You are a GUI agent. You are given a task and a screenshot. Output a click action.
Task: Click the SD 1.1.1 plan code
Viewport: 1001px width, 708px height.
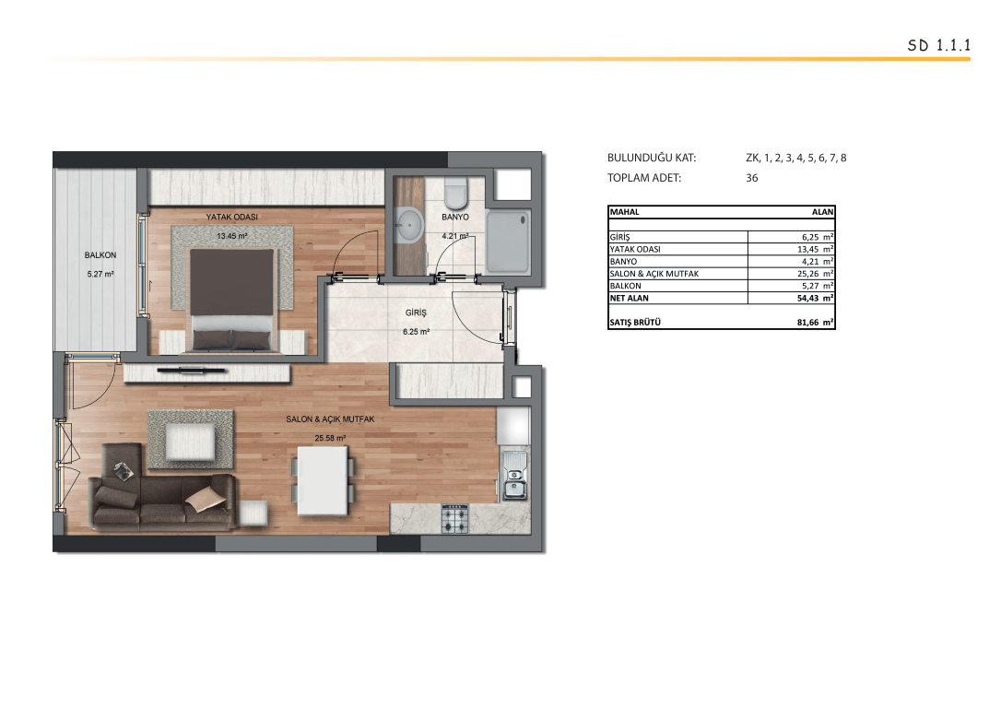point(938,45)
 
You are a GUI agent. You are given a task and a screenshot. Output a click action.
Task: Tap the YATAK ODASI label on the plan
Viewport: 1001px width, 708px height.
point(231,217)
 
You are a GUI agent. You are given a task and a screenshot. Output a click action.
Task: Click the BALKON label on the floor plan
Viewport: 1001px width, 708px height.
point(100,254)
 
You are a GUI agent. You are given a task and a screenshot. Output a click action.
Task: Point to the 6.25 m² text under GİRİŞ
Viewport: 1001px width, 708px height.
point(417,332)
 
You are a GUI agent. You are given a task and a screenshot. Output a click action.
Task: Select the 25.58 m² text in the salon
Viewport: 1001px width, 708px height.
point(330,438)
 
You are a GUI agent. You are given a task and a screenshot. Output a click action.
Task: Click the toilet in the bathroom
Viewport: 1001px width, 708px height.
point(456,192)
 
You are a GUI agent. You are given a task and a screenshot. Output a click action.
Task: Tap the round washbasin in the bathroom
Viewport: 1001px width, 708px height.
point(408,225)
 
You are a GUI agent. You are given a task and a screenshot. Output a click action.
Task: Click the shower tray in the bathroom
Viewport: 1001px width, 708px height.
point(508,242)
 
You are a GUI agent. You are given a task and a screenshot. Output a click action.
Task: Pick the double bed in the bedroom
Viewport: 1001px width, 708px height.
point(232,300)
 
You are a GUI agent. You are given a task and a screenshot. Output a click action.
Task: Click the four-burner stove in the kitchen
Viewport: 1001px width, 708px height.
point(455,518)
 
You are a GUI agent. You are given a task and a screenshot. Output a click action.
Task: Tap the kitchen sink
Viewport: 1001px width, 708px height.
point(514,476)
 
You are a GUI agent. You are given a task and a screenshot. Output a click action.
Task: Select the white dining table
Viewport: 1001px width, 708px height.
point(323,480)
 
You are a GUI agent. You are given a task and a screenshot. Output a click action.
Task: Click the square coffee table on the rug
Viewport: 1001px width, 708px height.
point(190,442)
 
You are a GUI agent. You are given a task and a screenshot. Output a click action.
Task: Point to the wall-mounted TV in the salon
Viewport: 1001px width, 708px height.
point(192,370)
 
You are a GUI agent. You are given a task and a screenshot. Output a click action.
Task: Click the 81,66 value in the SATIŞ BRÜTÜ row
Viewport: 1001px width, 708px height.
point(807,323)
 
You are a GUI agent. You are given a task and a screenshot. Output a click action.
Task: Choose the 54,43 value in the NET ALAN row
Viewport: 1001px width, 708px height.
point(807,298)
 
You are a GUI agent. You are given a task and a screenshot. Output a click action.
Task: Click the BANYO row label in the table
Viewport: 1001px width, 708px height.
point(623,261)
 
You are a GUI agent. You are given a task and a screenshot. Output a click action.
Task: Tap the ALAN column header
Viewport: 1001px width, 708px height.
point(822,212)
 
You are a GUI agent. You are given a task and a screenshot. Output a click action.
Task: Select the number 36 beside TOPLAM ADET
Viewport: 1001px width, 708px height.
point(752,178)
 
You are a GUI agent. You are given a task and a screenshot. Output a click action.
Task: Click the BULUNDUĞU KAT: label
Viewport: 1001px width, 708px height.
point(652,158)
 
